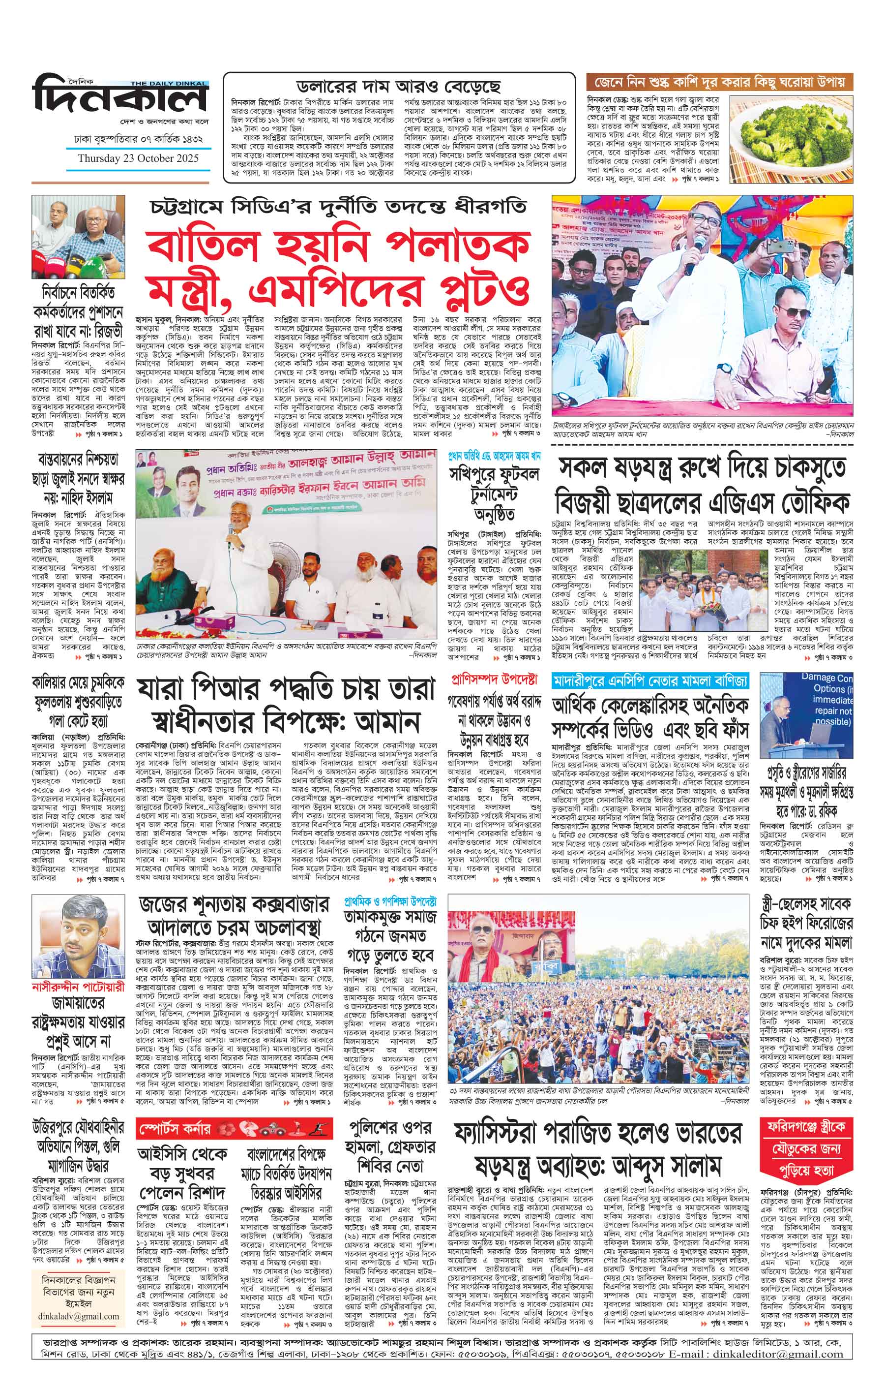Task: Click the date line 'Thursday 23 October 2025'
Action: coord(138,158)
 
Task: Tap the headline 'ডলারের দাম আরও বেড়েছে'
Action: coord(398,87)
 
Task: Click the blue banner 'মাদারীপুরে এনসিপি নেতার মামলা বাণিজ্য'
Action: coord(650,681)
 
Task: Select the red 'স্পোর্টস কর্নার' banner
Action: coord(235,1128)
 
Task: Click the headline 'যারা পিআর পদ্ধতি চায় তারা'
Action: coord(285,690)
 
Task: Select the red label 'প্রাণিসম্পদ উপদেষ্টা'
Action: coord(493,680)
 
